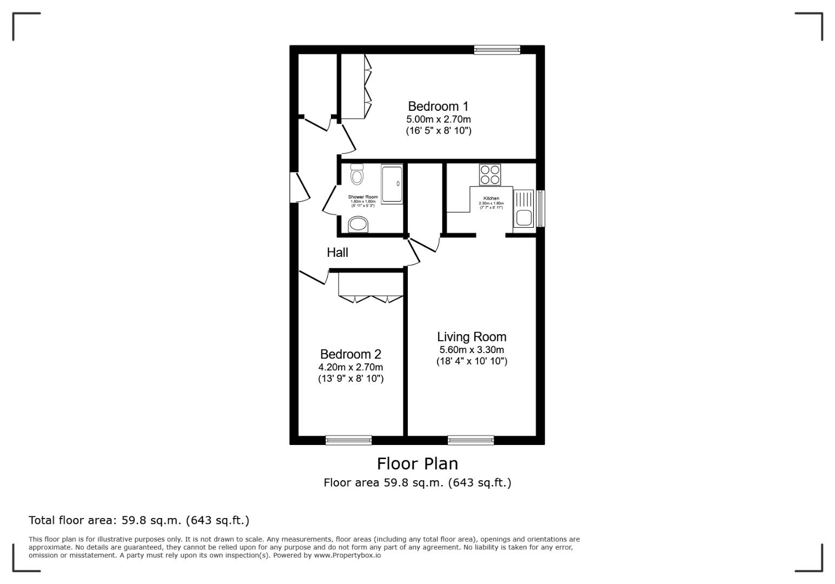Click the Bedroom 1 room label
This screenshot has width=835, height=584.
(438, 107)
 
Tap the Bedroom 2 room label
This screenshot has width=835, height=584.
(350, 354)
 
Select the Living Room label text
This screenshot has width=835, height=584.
(472, 337)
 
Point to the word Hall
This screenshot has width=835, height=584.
(337, 253)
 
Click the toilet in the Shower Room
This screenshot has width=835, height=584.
(357, 175)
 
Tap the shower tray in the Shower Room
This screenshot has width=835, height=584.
(392, 184)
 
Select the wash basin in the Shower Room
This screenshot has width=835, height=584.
(358, 224)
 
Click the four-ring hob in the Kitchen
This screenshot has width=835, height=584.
(490, 175)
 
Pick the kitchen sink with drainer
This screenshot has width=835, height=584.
(523, 208)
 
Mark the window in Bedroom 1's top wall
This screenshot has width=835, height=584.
(497, 50)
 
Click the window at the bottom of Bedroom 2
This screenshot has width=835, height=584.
(348, 440)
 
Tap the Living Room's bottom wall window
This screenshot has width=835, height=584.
(470, 440)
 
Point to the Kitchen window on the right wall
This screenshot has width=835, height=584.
(540, 208)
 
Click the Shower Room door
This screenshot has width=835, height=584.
(330, 199)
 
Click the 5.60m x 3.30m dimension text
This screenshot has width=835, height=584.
(472, 350)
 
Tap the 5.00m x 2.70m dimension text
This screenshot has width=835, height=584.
(438, 120)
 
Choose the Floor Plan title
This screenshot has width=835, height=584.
(417, 464)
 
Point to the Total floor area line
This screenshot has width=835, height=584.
(139, 520)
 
